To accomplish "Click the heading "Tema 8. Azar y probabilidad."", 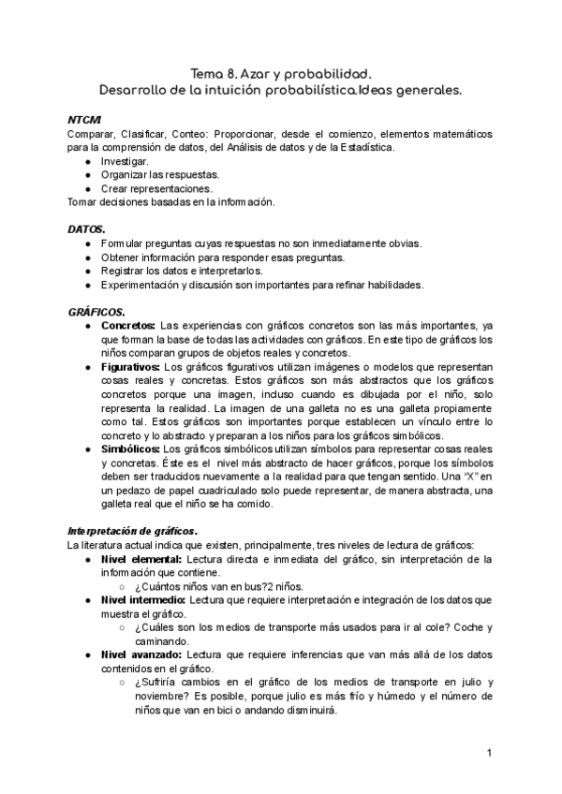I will pos(280,73).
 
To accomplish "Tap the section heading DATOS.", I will pos(87,228).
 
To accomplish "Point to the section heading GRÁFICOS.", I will pos(96,310).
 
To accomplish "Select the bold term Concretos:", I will pos(128,324).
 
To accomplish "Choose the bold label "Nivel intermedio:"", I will pos(143,599).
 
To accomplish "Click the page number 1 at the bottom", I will pos(489,753).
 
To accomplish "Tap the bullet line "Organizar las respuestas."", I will pos(161,174).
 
